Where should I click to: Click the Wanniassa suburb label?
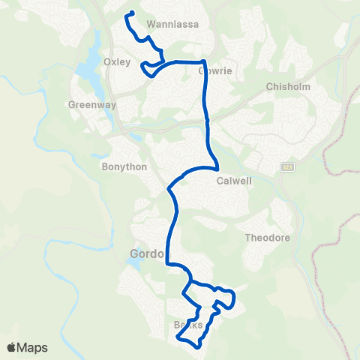click(x=172, y=23)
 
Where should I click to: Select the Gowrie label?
click(x=211, y=72)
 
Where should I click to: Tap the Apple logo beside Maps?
click(x=11, y=347)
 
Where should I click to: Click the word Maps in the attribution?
click(x=33, y=347)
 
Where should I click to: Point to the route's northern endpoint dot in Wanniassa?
click(x=131, y=13)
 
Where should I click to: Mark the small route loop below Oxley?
click(x=150, y=69)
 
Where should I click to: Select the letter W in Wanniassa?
click(x=151, y=23)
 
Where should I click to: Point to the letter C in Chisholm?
click(x=269, y=87)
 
